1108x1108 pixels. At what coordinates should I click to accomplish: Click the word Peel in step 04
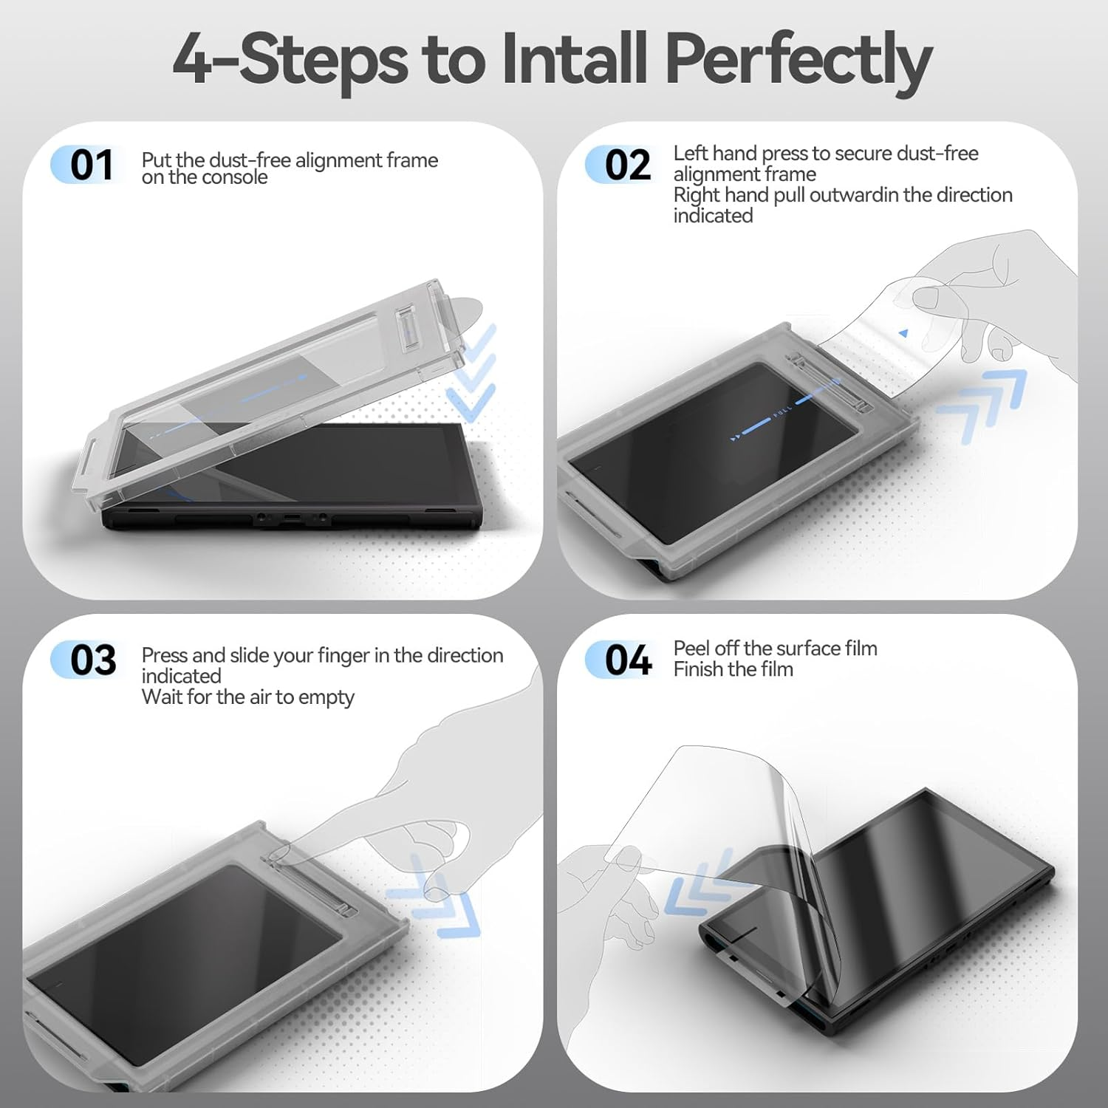691,648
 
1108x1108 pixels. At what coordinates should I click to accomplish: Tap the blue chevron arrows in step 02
981,406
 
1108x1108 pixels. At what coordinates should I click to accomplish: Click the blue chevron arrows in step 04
695,883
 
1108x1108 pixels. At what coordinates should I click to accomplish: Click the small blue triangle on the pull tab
903,334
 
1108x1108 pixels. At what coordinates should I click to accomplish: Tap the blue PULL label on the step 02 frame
782,412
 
